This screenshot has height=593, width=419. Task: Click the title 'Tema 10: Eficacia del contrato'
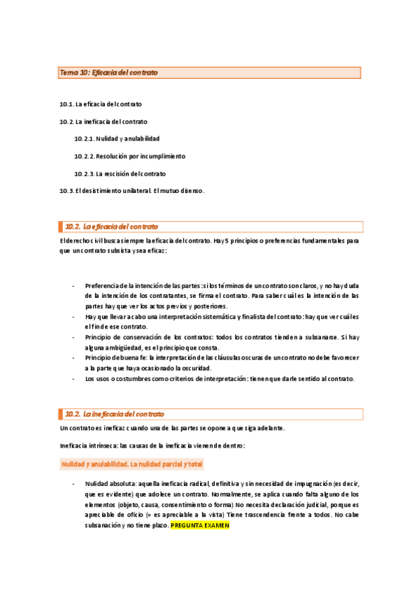point(109,73)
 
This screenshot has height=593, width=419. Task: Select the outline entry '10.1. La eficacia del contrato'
point(101,104)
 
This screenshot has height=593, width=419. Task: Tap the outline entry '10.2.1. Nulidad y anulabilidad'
point(117,138)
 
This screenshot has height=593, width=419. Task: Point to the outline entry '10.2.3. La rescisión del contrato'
point(120,173)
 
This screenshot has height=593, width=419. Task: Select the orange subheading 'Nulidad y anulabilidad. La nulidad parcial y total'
point(132,464)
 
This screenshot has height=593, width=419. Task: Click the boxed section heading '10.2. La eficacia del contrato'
point(112,227)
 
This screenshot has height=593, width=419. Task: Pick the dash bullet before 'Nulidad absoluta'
point(73,484)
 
